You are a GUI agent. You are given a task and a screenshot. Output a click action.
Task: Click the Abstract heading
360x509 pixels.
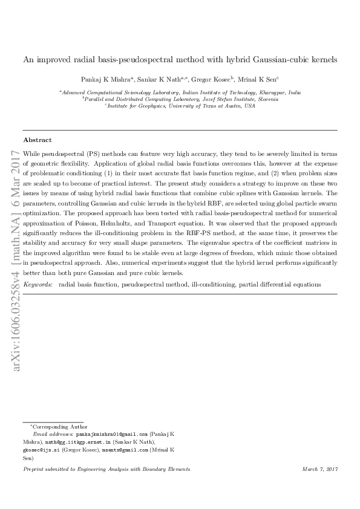tap(37, 138)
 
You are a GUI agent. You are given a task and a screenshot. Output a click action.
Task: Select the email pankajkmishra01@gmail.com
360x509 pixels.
tap(110, 434)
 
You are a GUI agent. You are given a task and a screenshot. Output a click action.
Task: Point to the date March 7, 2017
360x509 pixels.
tap(319, 469)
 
